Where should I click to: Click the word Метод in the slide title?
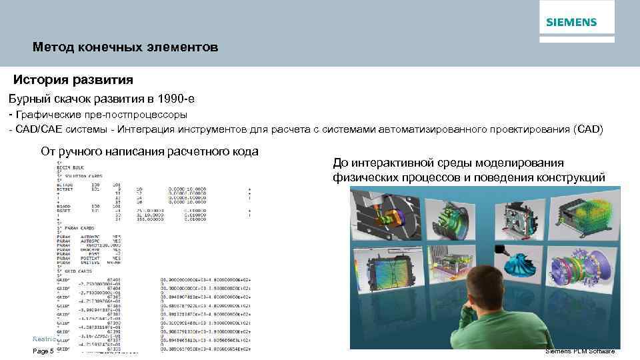pyautogui.click(x=50, y=48)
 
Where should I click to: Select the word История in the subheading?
pyautogui.click(x=41, y=80)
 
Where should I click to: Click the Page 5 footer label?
pyautogui.click(x=43, y=351)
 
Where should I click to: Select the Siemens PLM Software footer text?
pyautogui.click(x=579, y=351)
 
